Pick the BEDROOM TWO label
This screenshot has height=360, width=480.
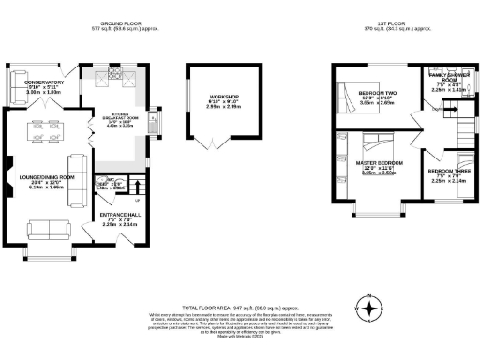(x=377, y=92)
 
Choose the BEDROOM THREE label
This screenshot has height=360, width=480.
(x=445, y=172)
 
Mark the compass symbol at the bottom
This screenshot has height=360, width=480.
(x=372, y=307)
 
